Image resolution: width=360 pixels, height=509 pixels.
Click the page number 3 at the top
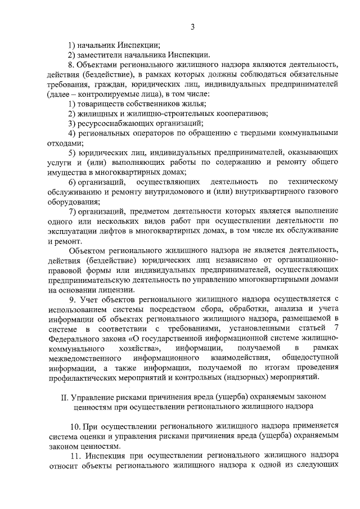pyautogui.click(x=192, y=26)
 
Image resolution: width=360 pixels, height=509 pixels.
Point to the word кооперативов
pyautogui.click(x=220, y=113)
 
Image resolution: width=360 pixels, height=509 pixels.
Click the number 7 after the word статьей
pyautogui.click(x=336, y=328)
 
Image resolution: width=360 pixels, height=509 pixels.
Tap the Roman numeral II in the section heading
pyautogui.click(x=64, y=397)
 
